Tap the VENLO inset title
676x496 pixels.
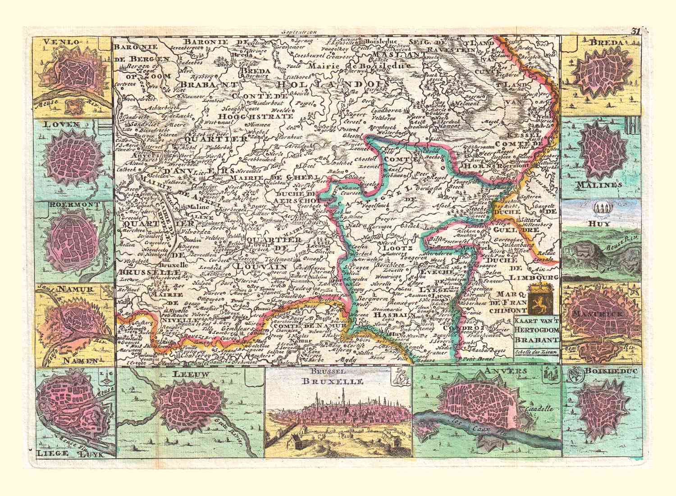[x=62, y=42]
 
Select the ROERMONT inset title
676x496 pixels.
[x=69, y=204]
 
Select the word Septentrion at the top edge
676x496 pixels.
[x=298, y=32]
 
